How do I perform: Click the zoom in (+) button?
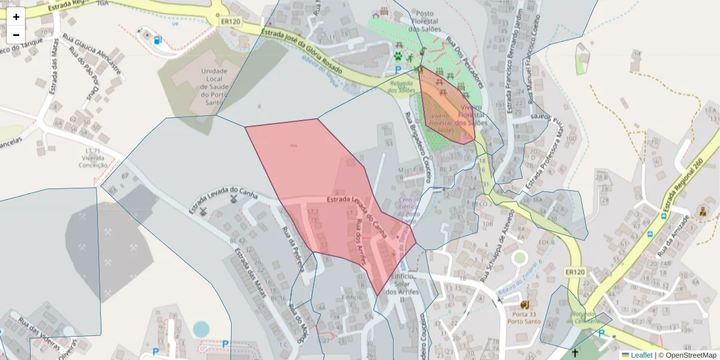16,17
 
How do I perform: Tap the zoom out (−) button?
16,34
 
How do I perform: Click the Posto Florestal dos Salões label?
425,21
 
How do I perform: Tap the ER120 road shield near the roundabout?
230,22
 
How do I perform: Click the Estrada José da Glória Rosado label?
301,50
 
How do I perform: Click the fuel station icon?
157,40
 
